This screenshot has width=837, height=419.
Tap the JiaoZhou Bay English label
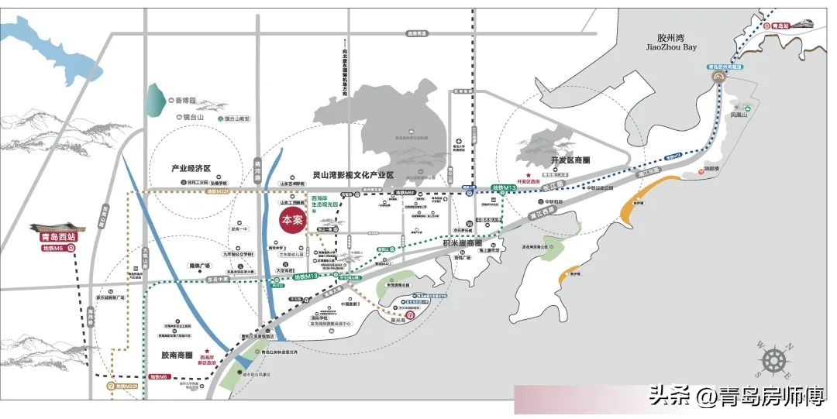671,47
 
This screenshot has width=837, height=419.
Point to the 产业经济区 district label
191,168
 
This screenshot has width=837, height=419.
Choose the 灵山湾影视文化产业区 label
353,176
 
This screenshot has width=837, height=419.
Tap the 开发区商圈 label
570,160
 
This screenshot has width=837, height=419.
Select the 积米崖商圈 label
463,244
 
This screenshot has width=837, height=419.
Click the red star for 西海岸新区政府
207,350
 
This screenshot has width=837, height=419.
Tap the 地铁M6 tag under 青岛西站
54,249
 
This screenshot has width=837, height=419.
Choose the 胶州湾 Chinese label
671,36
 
